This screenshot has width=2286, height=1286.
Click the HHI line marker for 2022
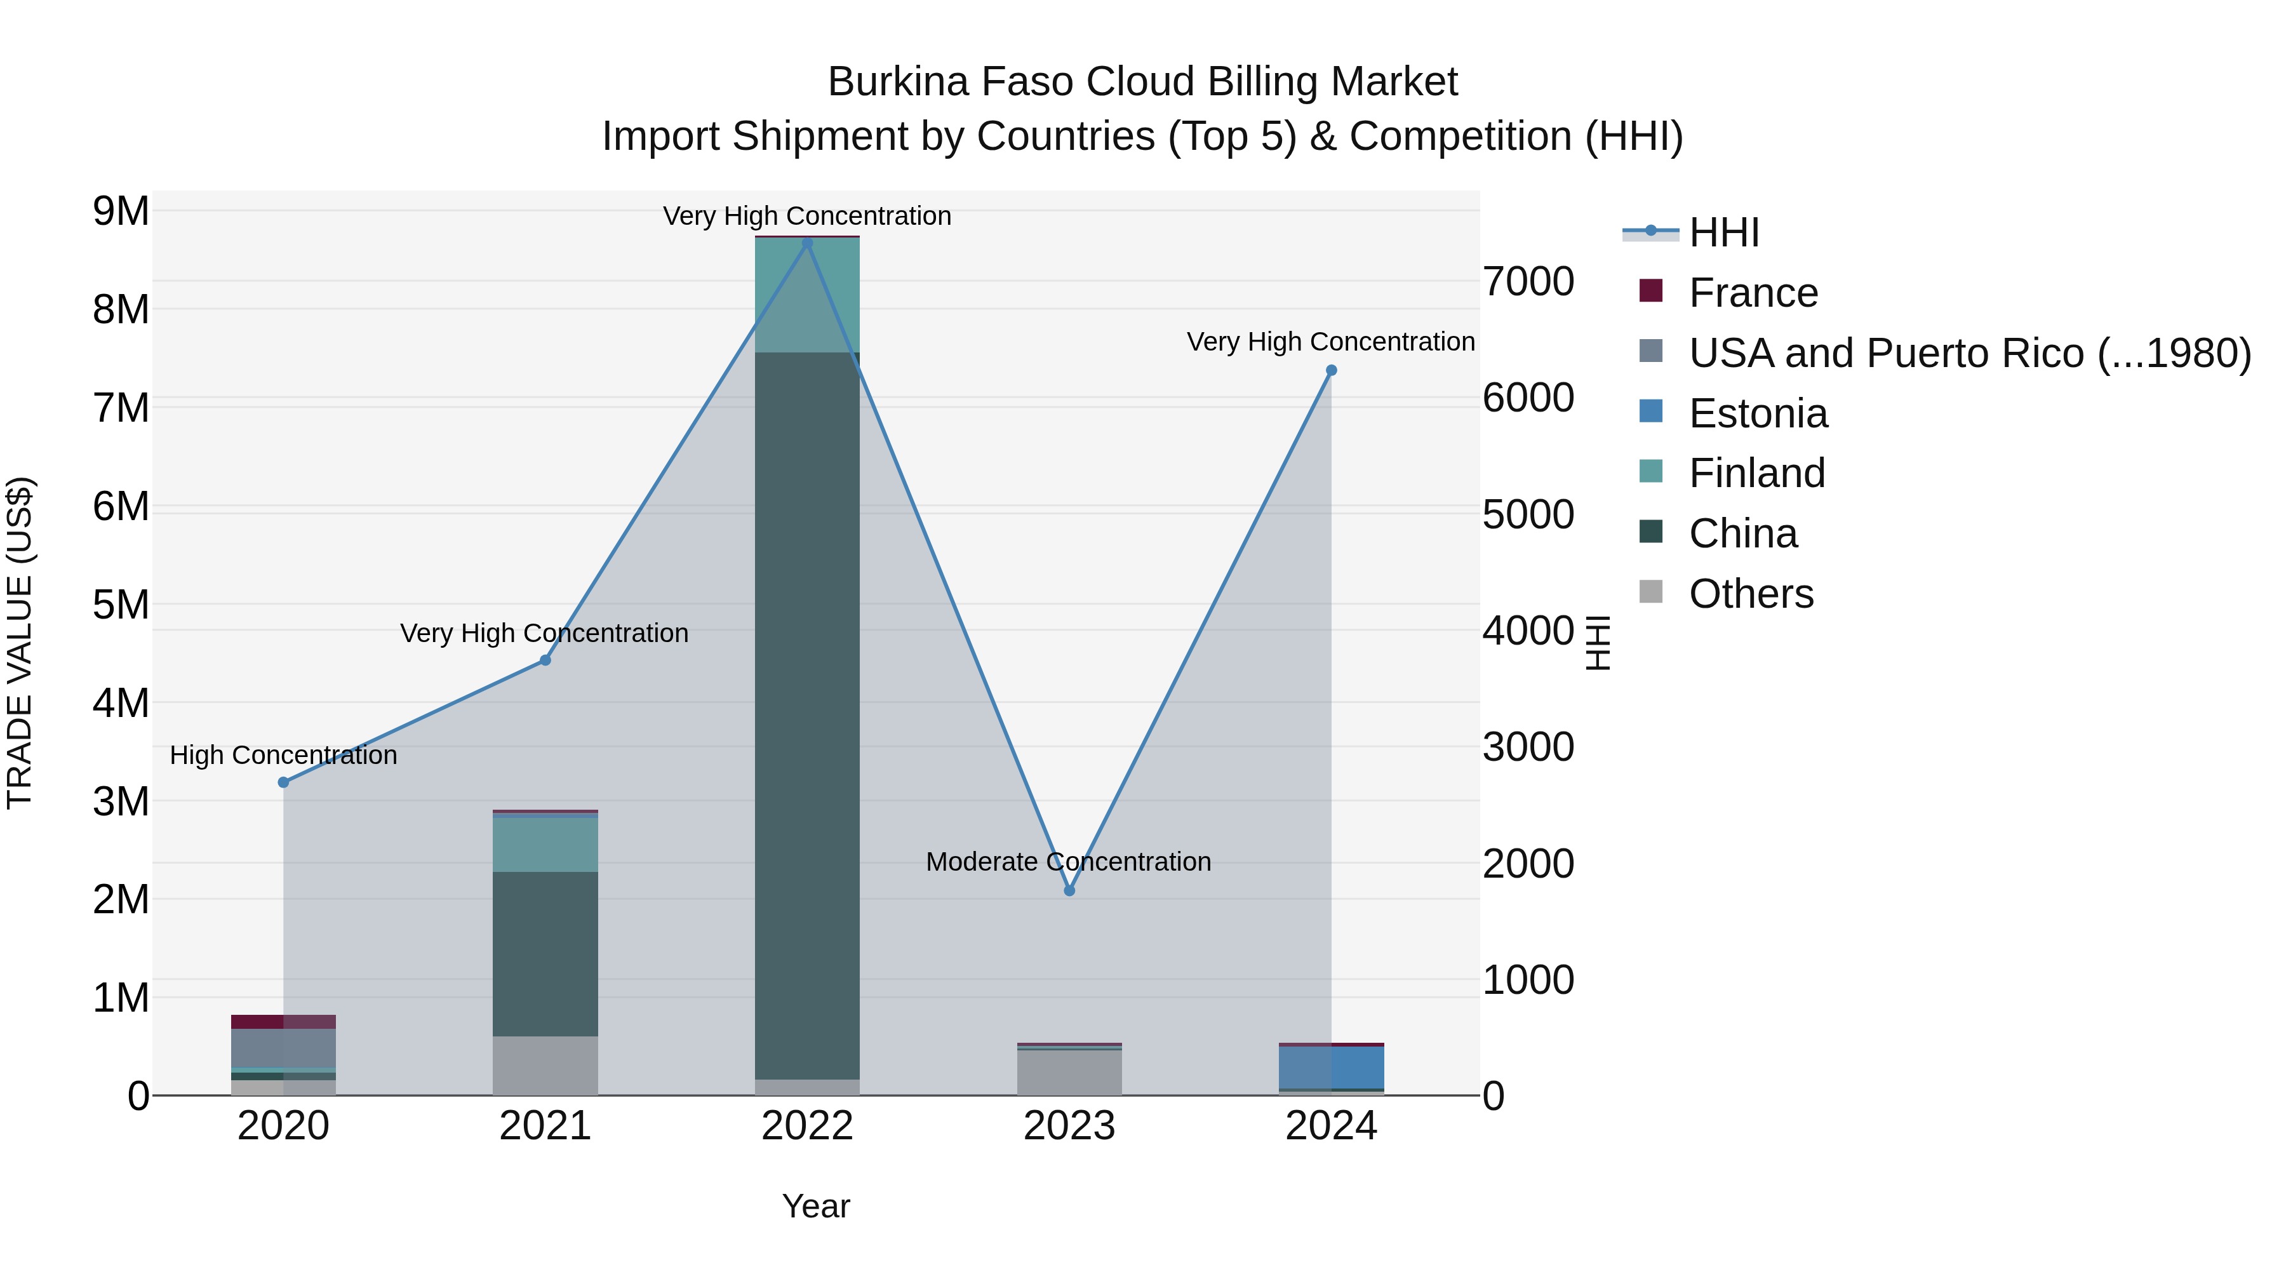[x=806, y=243]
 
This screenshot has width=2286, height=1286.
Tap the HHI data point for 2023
[x=1069, y=890]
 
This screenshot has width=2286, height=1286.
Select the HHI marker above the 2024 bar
[x=1330, y=370]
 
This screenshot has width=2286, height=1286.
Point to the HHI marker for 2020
[x=283, y=782]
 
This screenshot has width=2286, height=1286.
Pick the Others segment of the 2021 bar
[x=545, y=1064]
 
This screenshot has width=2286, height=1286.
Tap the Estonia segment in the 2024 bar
[x=1330, y=1067]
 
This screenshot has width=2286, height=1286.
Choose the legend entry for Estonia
[x=1757, y=413]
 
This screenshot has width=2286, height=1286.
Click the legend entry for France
[x=1753, y=293]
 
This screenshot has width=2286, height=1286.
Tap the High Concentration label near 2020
[x=283, y=754]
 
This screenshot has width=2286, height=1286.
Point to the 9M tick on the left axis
[x=121, y=211]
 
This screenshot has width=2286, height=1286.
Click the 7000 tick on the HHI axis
[x=1528, y=281]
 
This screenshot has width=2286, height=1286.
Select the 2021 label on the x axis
[x=545, y=1125]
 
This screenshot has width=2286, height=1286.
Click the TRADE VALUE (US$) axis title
[x=20, y=643]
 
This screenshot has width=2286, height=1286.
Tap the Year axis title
[x=815, y=1206]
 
